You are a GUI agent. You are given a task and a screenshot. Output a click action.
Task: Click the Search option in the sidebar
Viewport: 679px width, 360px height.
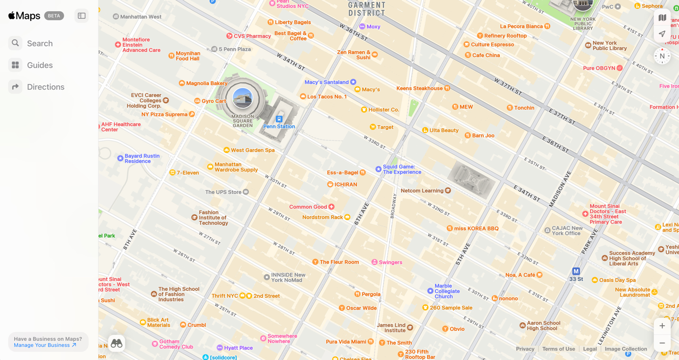tap(40, 43)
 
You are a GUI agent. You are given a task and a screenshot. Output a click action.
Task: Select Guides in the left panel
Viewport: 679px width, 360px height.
tap(40, 65)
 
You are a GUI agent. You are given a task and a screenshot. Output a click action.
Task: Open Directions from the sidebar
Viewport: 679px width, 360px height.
tap(45, 87)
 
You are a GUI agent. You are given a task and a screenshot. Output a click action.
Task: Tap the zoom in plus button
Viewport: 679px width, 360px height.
tap(662, 326)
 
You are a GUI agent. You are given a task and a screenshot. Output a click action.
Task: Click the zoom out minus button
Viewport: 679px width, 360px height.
tap(662, 343)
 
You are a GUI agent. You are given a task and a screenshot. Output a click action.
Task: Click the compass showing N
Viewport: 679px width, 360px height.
tap(662, 56)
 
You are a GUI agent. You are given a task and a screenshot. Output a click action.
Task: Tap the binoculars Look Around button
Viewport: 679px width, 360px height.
tap(116, 343)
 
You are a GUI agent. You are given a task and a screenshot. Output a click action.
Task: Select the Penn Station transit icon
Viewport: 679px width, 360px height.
tap(279, 119)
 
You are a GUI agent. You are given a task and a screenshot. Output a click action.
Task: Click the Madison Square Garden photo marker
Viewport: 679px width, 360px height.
tap(242, 98)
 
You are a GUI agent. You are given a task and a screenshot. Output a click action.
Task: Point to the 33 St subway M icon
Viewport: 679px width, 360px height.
tap(576, 271)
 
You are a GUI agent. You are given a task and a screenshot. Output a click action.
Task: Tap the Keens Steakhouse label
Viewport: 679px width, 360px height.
tap(420, 88)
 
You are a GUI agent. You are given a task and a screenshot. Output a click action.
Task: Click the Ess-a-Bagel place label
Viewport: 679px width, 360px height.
tap(343, 172)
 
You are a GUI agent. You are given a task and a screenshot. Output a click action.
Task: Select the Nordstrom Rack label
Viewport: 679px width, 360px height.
tap(323, 217)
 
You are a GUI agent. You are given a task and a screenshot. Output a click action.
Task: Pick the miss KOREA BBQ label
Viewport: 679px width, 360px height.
tap(476, 229)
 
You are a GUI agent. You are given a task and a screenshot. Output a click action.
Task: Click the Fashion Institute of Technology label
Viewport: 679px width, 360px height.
tap(213, 218)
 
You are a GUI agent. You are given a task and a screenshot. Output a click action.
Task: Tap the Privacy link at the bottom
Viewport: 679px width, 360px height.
tap(525, 349)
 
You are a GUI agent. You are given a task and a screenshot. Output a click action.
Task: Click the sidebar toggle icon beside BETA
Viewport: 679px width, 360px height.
tap(82, 16)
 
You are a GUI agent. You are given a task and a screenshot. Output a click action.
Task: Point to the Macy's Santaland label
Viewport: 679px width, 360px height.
tap(327, 82)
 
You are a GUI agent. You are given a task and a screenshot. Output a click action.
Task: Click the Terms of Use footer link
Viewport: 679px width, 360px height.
tap(558, 349)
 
